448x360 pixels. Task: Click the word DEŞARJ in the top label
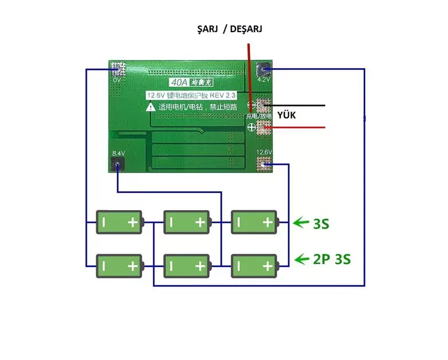coord(246,29)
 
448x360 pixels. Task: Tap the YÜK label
coord(286,115)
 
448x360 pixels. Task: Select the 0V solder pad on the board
coord(117,69)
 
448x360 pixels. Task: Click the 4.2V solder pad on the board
coord(264,69)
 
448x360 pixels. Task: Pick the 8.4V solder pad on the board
coord(117,164)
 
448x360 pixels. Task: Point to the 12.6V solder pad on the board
coord(264,166)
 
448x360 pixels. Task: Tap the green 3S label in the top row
coord(321,223)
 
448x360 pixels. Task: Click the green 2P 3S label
coord(332,260)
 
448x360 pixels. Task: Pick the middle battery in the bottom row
coord(187,266)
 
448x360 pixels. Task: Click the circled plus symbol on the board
coord(251,128)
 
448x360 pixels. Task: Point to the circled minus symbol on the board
coord(251,105)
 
